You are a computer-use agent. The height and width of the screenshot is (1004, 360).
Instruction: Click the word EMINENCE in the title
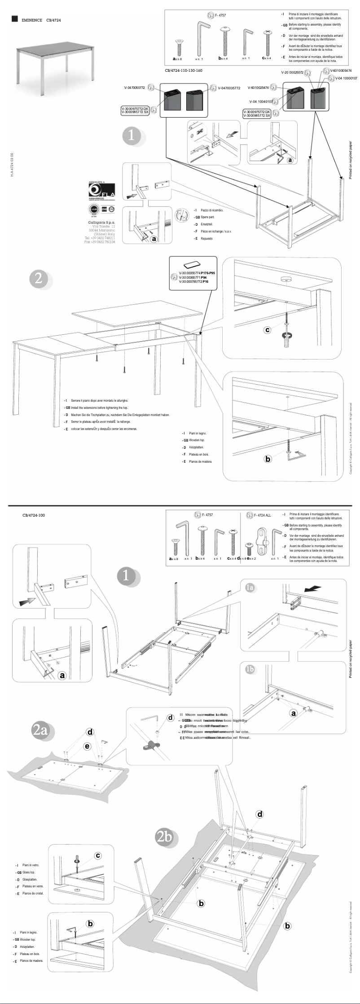[x=32, y=20]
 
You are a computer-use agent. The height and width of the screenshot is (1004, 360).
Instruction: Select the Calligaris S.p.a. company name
[x=101, y=222]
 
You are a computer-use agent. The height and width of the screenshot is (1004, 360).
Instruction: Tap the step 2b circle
[x=165, y=837]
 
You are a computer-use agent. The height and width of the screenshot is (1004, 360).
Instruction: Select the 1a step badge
[x=250, y=587]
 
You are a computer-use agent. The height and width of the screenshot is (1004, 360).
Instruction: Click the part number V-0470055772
[x=135, y=88]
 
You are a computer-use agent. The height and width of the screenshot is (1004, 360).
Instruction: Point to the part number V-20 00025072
[x=292, y=72]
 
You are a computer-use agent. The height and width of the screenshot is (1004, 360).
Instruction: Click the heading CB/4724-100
[x=34, y=515]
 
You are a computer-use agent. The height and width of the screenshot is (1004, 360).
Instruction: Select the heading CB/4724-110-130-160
[x=184, y=70]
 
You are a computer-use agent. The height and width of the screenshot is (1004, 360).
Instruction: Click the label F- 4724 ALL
[x=263, y=515]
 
